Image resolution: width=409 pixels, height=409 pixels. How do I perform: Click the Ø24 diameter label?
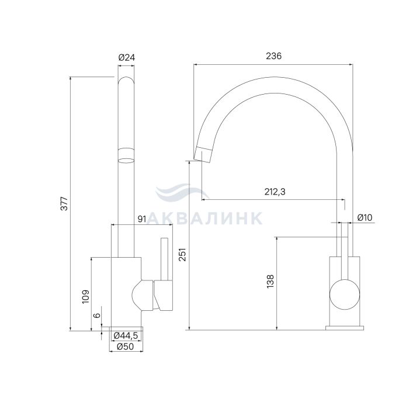point(127,57)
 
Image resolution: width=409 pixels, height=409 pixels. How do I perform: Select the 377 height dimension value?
point(64,204)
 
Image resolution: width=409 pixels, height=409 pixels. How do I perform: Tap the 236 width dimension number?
point(273,56)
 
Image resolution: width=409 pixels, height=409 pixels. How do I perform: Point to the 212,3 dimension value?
point(275,192)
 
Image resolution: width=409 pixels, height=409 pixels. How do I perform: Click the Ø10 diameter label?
point(365,217)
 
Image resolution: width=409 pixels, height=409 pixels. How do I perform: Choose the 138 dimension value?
point(270,282)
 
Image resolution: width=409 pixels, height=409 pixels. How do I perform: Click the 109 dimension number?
point(86,297)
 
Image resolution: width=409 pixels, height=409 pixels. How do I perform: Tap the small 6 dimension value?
point(97,315)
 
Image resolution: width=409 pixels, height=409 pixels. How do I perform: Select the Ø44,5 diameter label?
point(126,335)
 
